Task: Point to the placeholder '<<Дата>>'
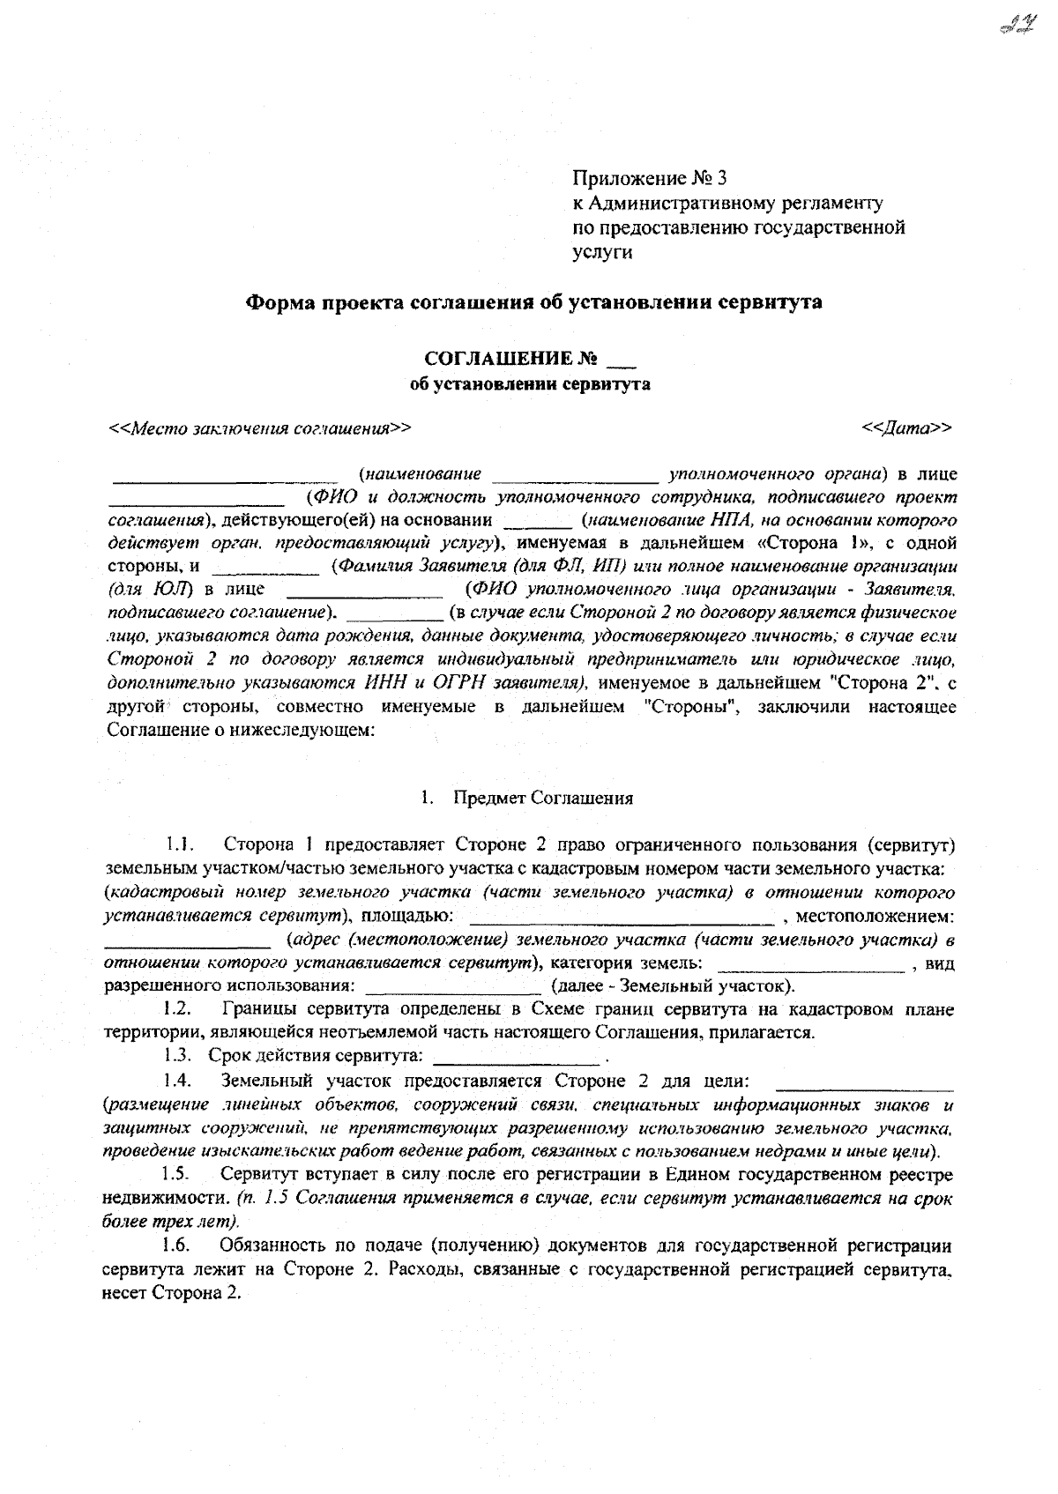click(907, 428)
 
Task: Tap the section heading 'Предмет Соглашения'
click(543, 799)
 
